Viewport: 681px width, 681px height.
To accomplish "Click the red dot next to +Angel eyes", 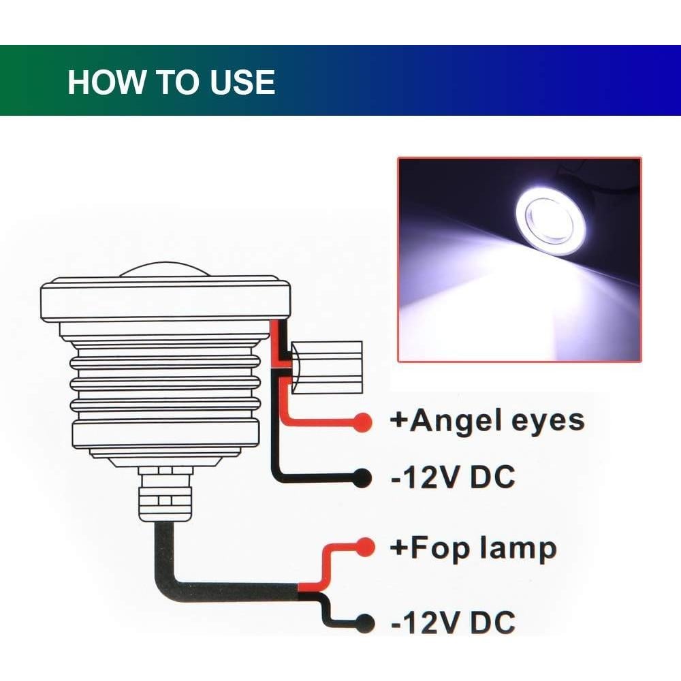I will [364, 422].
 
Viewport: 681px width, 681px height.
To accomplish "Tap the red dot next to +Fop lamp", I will [366, 547].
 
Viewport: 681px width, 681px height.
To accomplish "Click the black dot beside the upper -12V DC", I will [363, 479].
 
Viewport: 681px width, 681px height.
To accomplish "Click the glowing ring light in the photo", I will [550, 219].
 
